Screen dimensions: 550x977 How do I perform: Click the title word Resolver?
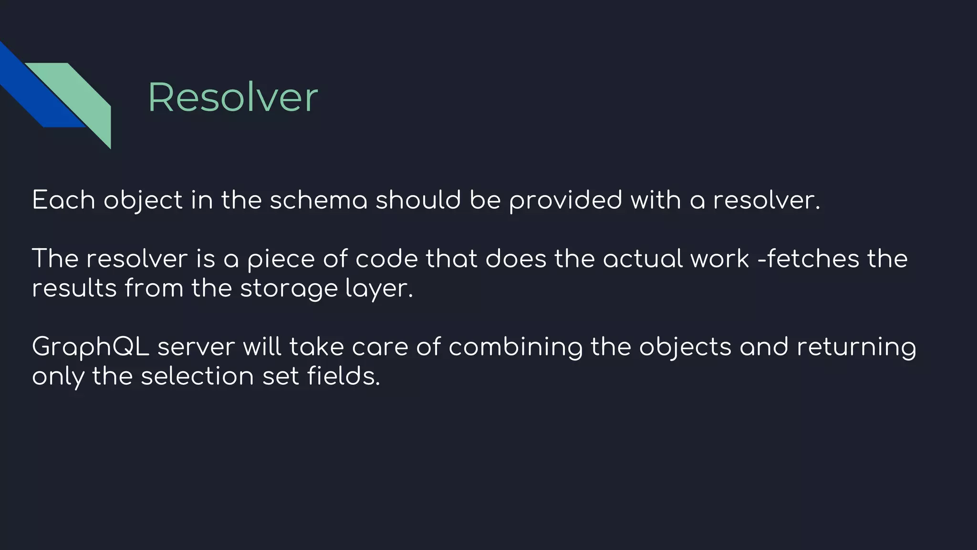[232, 98]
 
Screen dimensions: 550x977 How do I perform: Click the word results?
[74, 288]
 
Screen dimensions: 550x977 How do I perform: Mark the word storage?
[289, 289]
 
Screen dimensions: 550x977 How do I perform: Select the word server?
[196, 347]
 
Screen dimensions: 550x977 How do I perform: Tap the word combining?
[515, 348]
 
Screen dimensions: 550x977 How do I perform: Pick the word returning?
[856, 348]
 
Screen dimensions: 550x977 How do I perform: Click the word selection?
[197, 376]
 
